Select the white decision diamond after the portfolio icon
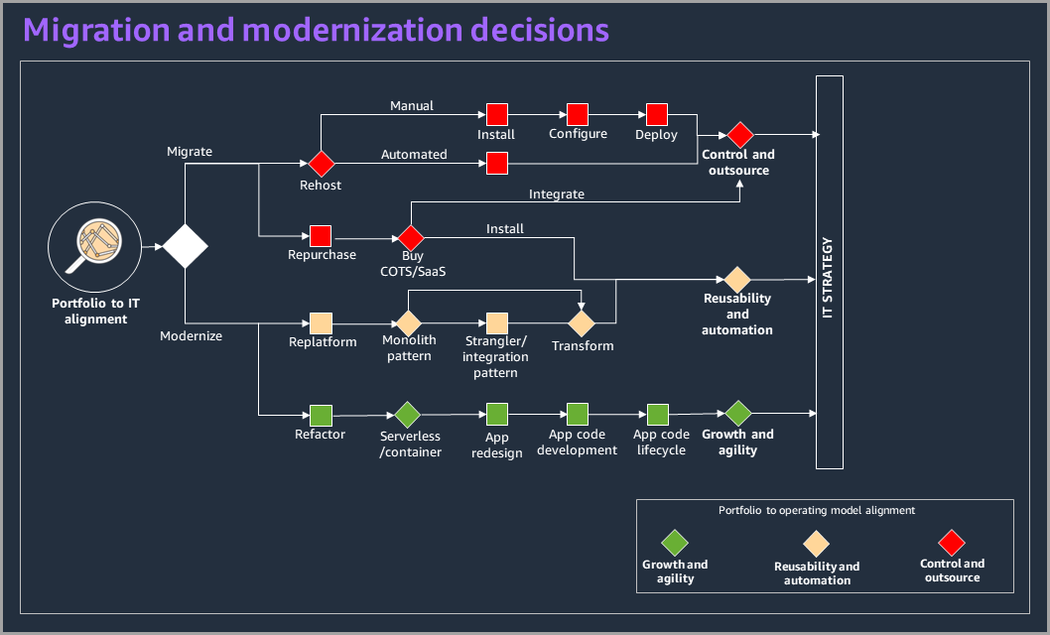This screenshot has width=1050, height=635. click(x=186, y=245)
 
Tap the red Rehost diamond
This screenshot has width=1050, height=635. click(x=321, y=163)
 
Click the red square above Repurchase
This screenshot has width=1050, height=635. click(x=321, y=236)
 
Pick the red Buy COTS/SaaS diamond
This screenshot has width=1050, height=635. click(x=411, y=237)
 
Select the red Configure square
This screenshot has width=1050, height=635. click(x=578, y=114)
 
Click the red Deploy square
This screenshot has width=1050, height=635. click(x=656, y=114)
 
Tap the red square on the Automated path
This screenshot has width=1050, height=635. click(x=497, y=163)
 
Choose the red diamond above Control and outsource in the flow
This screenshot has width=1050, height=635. click(x=738, y=134)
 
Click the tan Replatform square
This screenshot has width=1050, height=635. click(x=322, y=323)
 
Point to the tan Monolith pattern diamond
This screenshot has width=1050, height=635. click(x=409, y=323)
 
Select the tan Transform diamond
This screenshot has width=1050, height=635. click(x=582, y=323)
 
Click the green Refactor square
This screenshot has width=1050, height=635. click(x=321, y=415)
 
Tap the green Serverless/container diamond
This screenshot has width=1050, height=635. click(x=408, y=415)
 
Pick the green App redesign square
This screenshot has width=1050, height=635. click(x=497, y=415)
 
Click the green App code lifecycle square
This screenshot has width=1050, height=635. click(x=658, y=415)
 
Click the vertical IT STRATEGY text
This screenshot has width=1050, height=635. click(x=829, y=278)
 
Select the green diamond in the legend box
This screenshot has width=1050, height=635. click(x=675, y=543)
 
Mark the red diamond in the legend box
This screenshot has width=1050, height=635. click(x=952, y=543)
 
